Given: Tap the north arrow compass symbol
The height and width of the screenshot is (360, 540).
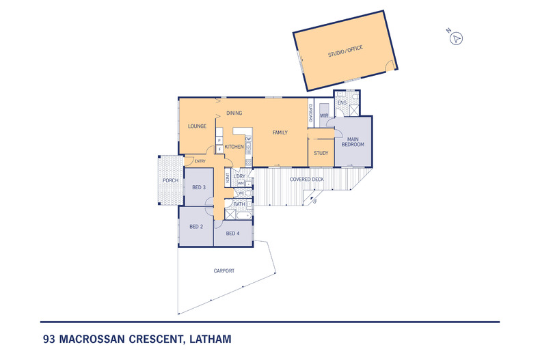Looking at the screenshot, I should (456, 38).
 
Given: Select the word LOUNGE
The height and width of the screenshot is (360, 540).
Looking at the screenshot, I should (198, 126).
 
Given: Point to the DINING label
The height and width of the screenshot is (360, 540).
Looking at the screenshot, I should (234, 113).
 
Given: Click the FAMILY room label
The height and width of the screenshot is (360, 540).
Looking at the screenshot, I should (280, 133).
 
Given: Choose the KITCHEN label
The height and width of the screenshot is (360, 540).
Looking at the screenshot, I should (234, 147).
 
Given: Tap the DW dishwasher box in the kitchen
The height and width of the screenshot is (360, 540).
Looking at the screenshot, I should (248, 139).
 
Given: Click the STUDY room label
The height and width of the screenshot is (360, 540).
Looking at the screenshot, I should (321, 153).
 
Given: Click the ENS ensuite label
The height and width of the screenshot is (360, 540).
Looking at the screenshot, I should (342, 103).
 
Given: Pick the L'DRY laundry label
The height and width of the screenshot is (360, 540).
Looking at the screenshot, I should (239, 176).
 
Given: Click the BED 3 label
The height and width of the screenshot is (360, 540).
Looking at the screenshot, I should (198, 187).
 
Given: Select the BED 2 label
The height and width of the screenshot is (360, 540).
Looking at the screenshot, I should (196, 226).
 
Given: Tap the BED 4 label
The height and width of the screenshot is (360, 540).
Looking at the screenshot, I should (232, 234).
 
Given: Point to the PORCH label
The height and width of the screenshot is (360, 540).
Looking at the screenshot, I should (170, 181).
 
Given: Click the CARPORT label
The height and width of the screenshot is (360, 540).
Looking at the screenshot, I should (224, 271).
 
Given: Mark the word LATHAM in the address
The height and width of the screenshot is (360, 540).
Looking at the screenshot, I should (208, 338).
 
